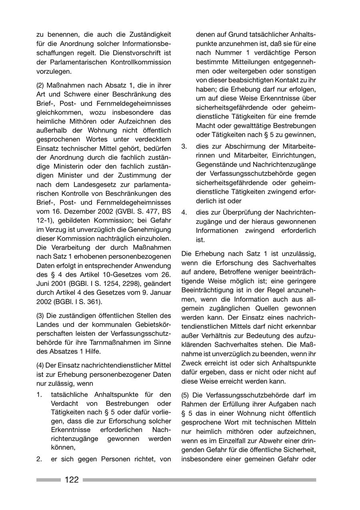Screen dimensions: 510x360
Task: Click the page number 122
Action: point(72,480)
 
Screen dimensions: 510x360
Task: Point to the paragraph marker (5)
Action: point(186,394)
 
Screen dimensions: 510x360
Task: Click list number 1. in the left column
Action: point(39,394)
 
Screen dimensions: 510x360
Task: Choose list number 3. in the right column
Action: point(184,146)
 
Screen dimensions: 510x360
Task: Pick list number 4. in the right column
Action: point(184,213)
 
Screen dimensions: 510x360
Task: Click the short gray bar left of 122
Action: point(48,480)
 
